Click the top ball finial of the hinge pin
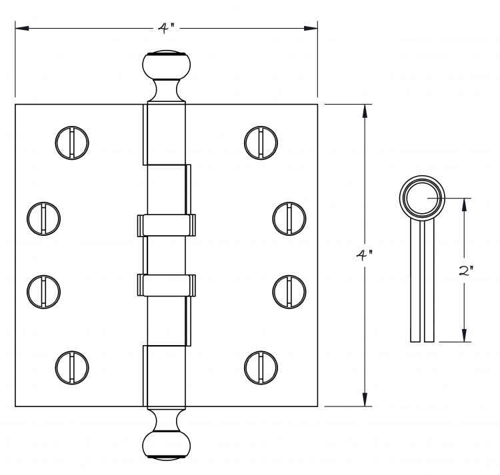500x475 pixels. [x=166, y=65]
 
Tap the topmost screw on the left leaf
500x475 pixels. [x=72, y=143]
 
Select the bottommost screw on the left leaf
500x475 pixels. [x=72, y=368]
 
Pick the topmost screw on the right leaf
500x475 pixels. [x=261, y=143]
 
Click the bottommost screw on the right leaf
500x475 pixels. [x=261, y=368]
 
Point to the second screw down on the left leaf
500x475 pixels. [x=44, y=219]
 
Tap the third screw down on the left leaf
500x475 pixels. [x=44, y=292]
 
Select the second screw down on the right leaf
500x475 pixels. [x=289, y=219]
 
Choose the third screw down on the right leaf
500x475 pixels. [x=289, y=292]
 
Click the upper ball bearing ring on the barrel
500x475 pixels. [x=166, y=225]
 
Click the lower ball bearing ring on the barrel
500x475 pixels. [x=166, y=285]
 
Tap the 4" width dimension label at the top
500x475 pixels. [x=167, y=29]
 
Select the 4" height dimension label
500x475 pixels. [x=364, y=256]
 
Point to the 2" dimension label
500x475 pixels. [x=465, y=270]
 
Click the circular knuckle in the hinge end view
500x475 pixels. [x=422, y=198]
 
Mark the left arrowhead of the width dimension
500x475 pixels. [x=22, y=29]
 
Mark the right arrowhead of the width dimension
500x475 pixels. [x=311, y=29]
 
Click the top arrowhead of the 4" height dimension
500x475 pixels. [x=365, y=111]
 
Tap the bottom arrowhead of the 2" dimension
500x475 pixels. [x=464, y=335]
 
